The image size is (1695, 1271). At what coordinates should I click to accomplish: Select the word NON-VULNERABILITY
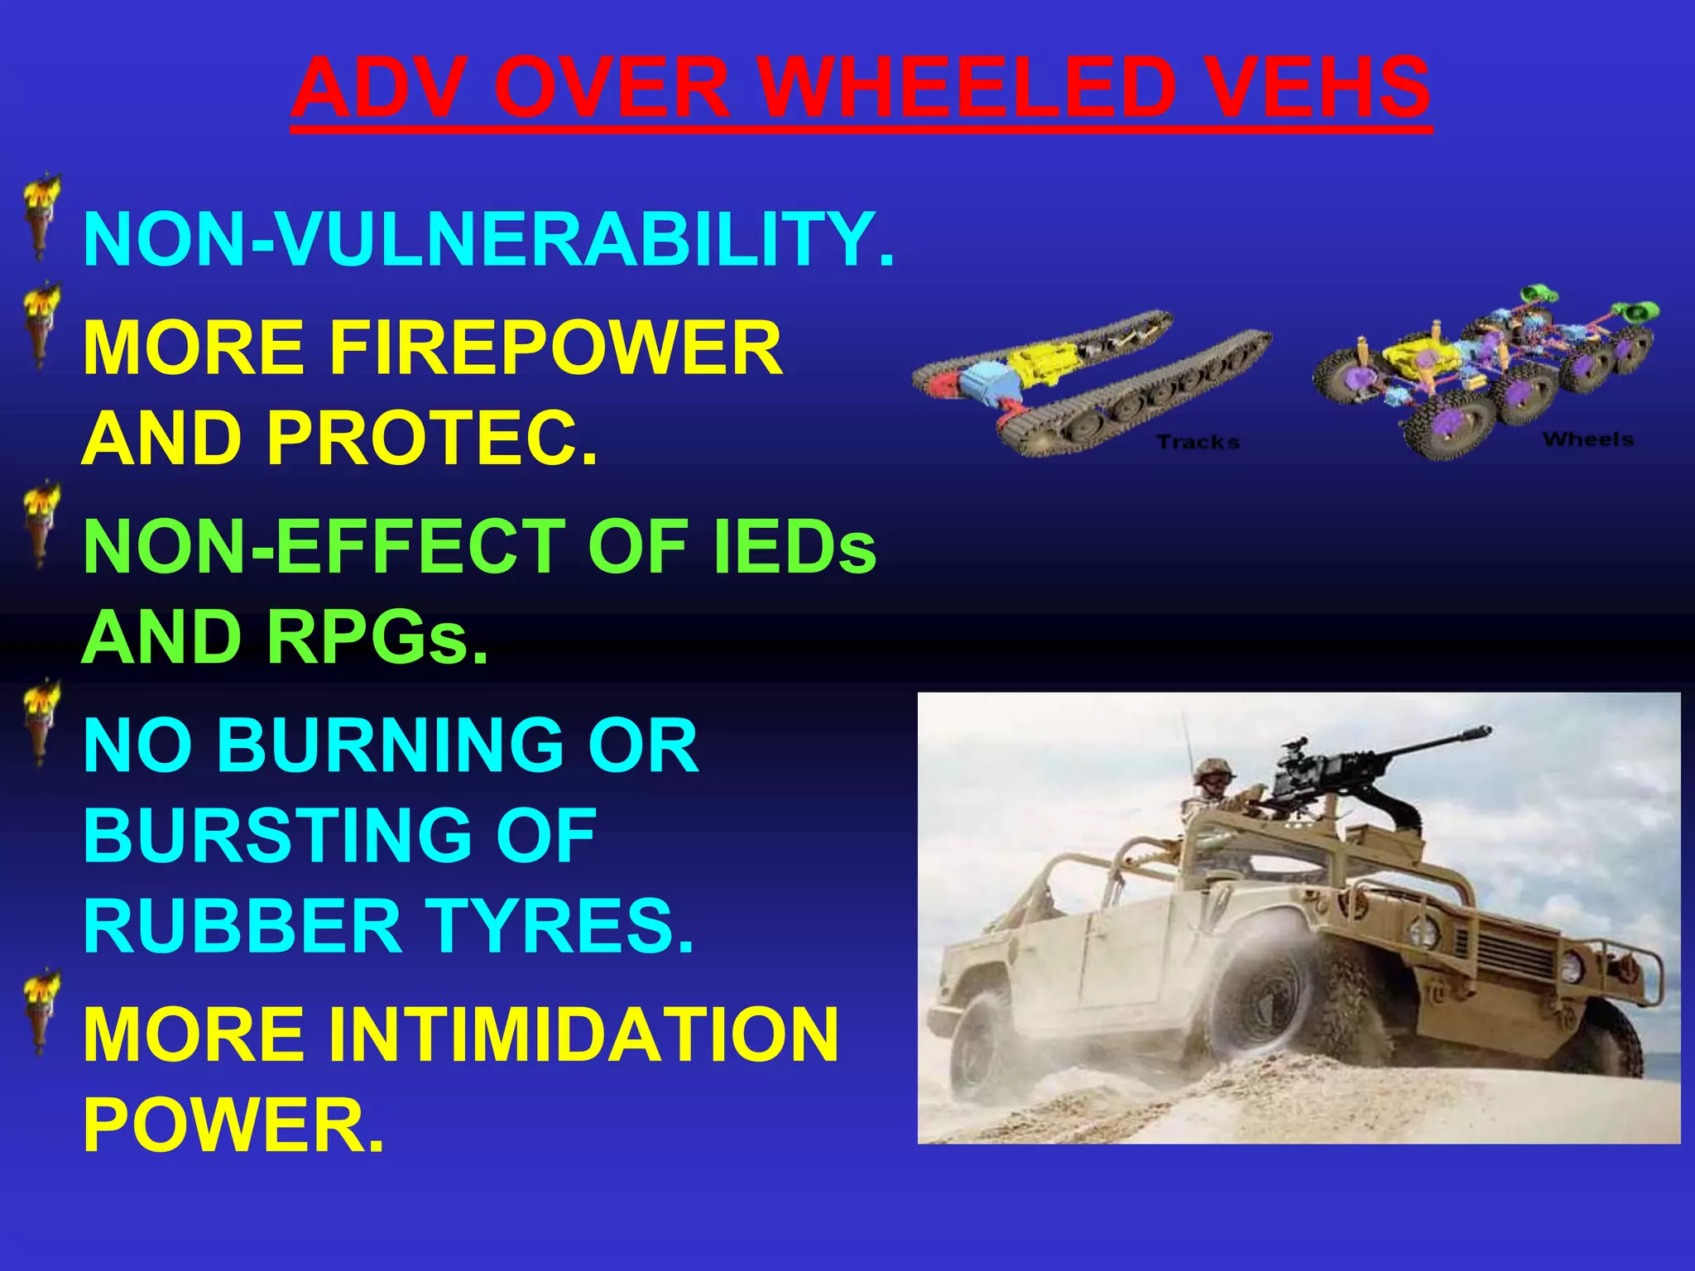488,240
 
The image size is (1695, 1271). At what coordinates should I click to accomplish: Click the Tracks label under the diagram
1198,443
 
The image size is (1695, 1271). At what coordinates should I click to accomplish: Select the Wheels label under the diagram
1587,439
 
